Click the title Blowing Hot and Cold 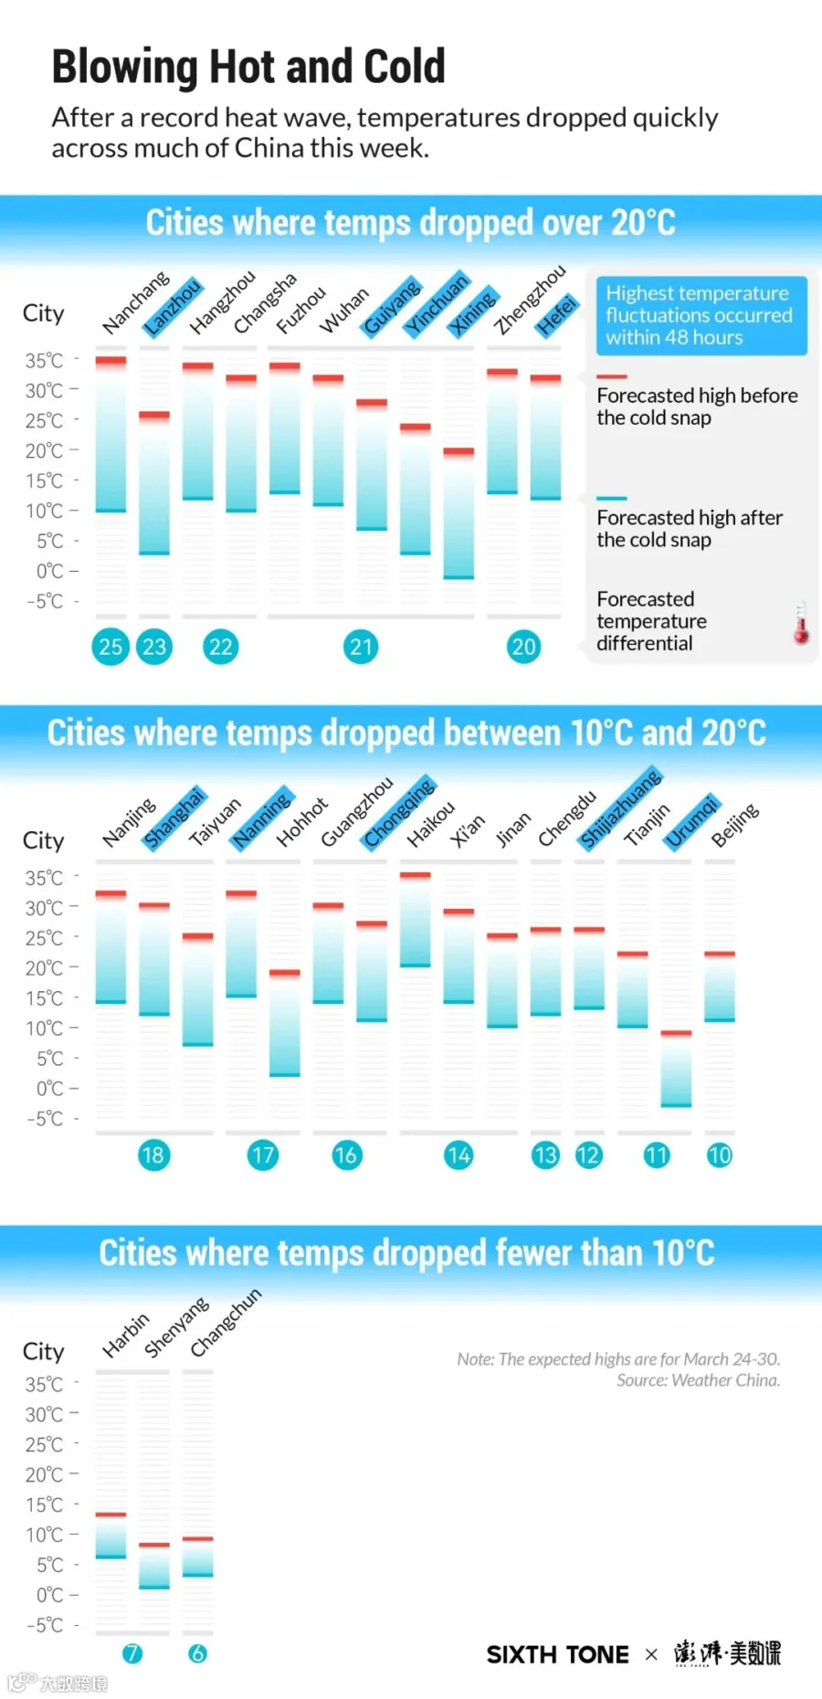coord(248,67)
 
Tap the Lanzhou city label coord(173,307)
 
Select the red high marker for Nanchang coord(111,362)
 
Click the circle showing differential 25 coord(111,647)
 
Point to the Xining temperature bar coord(458,513)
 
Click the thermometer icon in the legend coord(801,623)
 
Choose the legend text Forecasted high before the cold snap coord(697,406)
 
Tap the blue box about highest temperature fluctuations coord(701,315)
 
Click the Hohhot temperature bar coord(285,1023)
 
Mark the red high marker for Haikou coord(416,875)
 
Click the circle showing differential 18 coord(153,1155)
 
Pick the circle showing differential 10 coord(720,1155)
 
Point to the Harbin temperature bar coord(111,1535)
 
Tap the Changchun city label coord(226,1322)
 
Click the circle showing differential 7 coord(132,1653)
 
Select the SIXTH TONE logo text coord(558,1654)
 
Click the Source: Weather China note coord(699,1380)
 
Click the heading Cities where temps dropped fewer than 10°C coord(407,1253)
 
